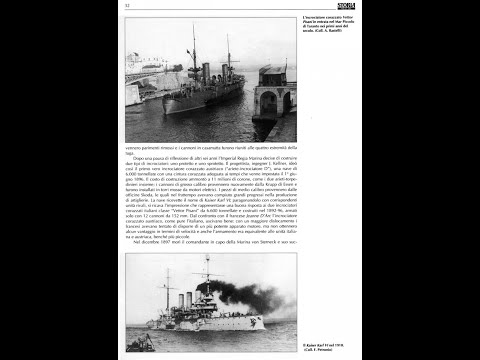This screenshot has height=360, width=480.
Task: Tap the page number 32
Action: [x=128, y=8]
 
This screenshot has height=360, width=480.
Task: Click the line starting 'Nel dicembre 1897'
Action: [x=211, y=241]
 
